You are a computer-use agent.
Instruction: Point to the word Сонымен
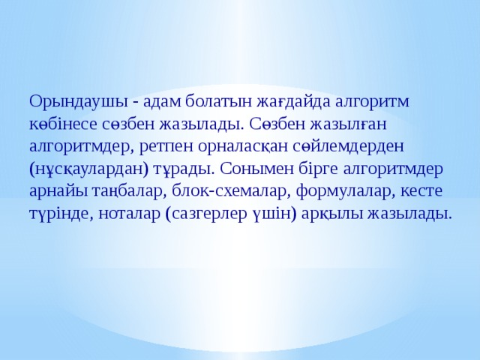pyautogui.click(x=259, y=167)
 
